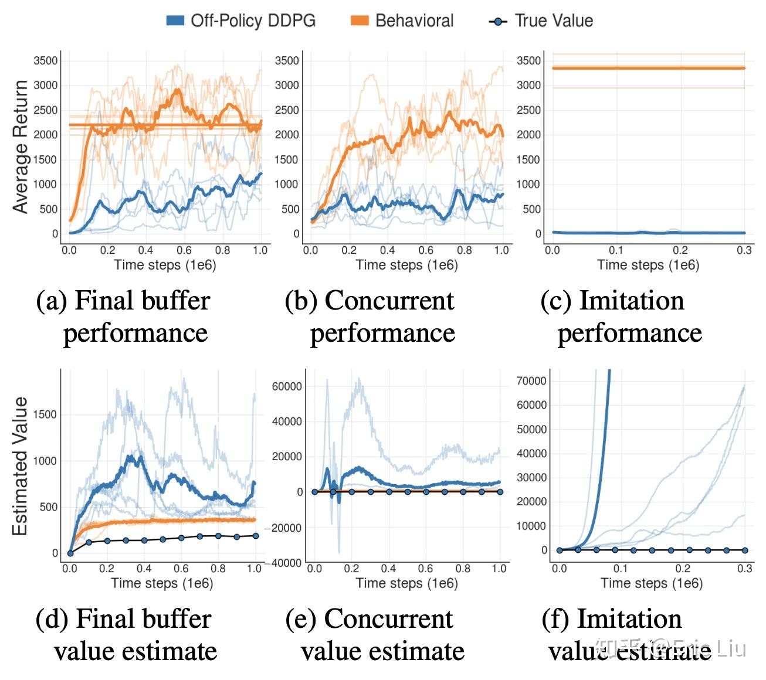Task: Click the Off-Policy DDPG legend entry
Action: [x=241, y=21]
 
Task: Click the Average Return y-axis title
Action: [x=21, y=147]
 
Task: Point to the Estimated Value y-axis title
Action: [x=21, y=466]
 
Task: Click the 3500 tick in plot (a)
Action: [x=46, y=60]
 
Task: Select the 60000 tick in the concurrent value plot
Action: [x=287, y=386]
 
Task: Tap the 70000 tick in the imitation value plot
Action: [x=531, y=381]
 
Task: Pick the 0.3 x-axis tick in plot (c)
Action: [x=744, y=250]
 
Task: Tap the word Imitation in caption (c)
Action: [x=631, y=301]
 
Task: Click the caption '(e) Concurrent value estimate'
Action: [x=375, y=635]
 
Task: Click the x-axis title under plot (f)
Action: [x=651, y=583]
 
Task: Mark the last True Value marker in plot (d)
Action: [x=255, y=536]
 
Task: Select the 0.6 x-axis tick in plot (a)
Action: [x=184, y=250]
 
